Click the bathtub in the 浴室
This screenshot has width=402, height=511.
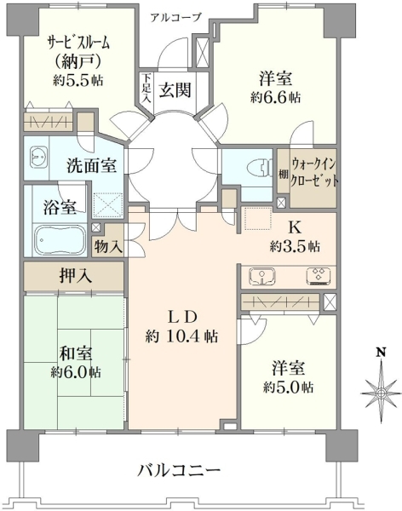(60, 240)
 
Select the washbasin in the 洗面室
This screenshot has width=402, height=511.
(38, 156)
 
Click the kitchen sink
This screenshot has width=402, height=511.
(262, 276)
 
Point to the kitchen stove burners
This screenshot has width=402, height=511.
(319, 276)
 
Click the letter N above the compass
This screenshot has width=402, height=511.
(381, 353)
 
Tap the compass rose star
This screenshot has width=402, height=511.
(381, 393)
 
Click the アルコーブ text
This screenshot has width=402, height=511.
(176, 17)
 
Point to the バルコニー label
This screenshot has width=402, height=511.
(180, 470)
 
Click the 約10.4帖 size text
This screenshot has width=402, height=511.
(181, 336)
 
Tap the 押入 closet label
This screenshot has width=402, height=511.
(75, 276)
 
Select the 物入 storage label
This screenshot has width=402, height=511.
(108, 247)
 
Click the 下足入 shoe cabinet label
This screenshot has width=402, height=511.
(147, 89)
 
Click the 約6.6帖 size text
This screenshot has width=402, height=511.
(275, 97)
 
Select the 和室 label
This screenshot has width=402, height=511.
(76, 354)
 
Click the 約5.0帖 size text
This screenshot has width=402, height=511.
(289, 388)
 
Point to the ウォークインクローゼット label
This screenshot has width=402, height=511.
(313, 172)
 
